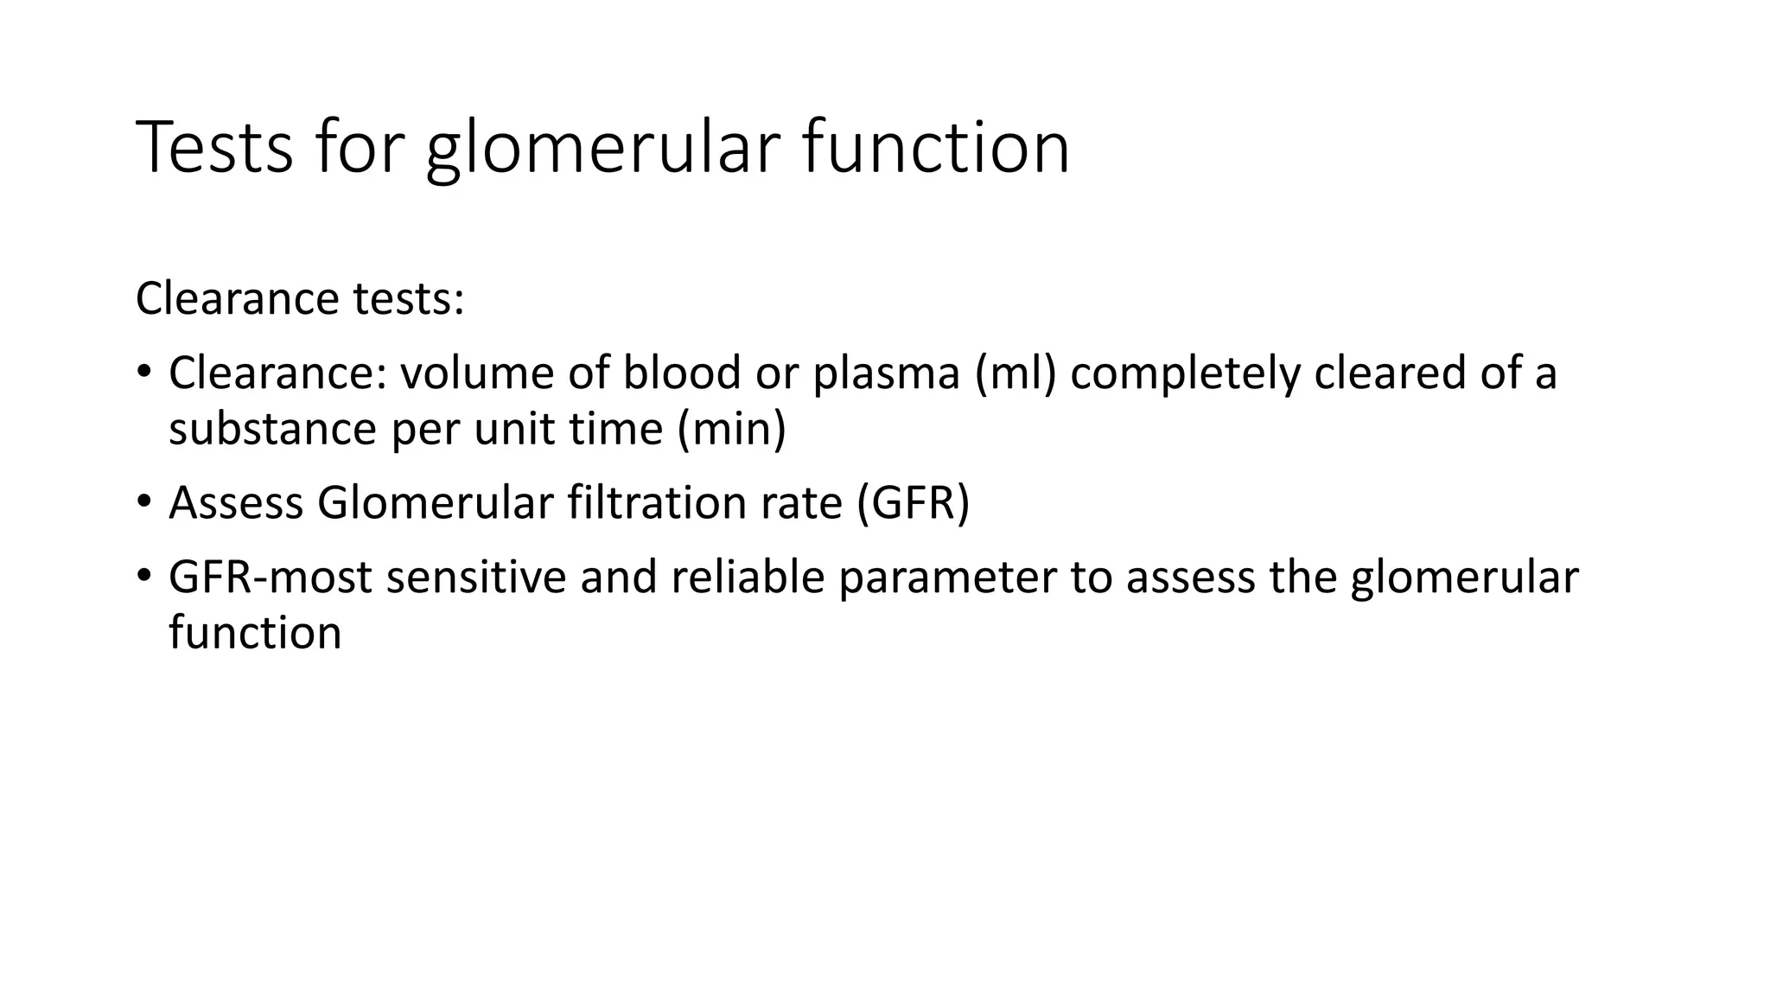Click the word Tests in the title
pos(214,148)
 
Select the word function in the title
pos(936,148)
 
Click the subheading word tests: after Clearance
pos(408,298)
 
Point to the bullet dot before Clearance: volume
pos(143,373)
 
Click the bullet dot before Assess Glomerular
pos(143,501)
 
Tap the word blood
pos(682,373)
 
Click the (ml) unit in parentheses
pos(1016,373)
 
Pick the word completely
pos(1185,373)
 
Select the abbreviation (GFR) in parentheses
pos(914,502)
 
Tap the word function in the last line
pos(255,632)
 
